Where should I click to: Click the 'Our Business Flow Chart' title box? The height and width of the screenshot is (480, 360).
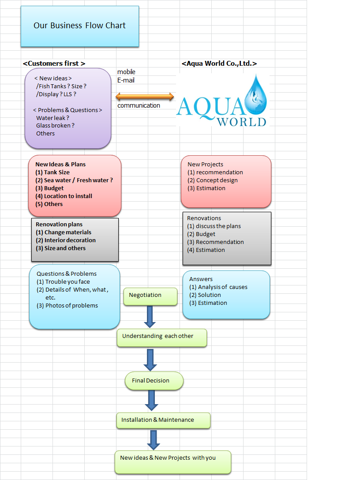click(x=80, y=26)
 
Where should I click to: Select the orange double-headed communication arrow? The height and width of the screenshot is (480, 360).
click(x=145, y=97)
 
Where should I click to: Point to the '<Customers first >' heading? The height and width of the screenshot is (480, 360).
click(x=54, y=64)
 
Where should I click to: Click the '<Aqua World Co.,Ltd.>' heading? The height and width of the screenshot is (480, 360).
click(x=219, y=64)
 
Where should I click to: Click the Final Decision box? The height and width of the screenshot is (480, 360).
click(x=154, y=381)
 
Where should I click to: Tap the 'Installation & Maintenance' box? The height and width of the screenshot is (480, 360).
click(x=163, y=420)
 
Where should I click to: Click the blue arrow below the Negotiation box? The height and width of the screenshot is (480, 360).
click(x=150, y=316)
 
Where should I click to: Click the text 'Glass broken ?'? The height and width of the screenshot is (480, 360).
click(x=55, y=125)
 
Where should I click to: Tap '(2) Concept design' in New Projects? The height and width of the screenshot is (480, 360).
click(x=213, y=180)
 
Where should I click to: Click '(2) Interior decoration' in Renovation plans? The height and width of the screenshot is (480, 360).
click(x=66, y=240)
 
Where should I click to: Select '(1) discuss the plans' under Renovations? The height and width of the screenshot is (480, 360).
click(x=214, y=226)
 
